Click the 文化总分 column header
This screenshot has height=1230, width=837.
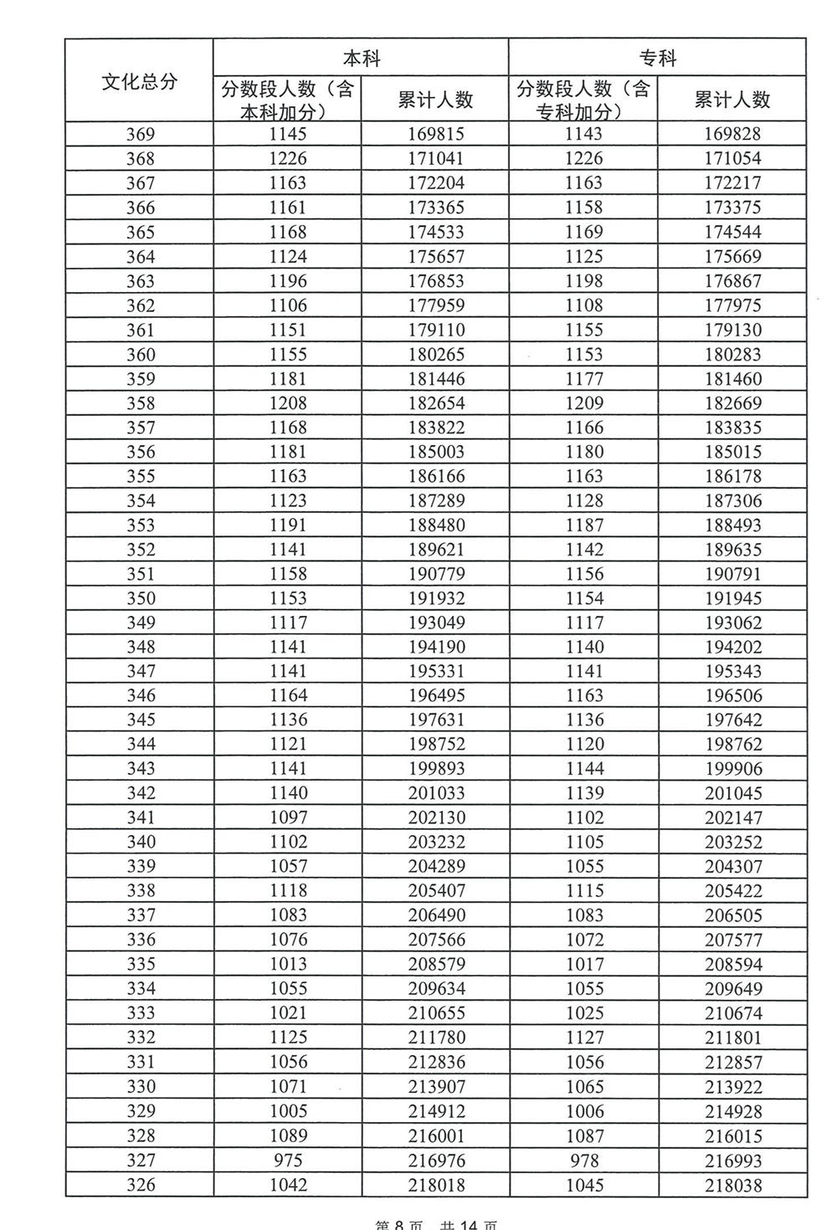point(140,82)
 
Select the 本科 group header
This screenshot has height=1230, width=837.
point(362,58)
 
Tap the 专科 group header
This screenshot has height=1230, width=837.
point(657,58)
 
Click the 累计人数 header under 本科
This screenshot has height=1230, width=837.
point(435,100)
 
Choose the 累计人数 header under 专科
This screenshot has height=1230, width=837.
point(732,100)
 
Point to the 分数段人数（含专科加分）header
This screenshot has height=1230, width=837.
point(583,100)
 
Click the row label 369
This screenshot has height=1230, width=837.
point(140,134)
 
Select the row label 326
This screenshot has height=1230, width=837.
point(140,1185)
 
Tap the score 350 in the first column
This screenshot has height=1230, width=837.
point(140,598)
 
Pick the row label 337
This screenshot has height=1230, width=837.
point(140,915)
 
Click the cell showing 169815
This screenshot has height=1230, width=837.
point(435,134)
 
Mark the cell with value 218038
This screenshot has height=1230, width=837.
point(732,1185)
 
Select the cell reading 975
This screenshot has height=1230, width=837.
point(288,1161)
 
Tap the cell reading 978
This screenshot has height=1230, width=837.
point(583,1161)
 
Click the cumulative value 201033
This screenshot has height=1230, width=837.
point(435,793)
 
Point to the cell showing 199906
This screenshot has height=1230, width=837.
point(732,769)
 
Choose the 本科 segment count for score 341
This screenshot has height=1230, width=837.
point(288,817)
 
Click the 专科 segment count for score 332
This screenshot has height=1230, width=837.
point(583,1038)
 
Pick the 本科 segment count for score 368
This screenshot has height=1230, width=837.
point(288,158)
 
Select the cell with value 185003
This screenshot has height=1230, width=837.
point(435,452)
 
